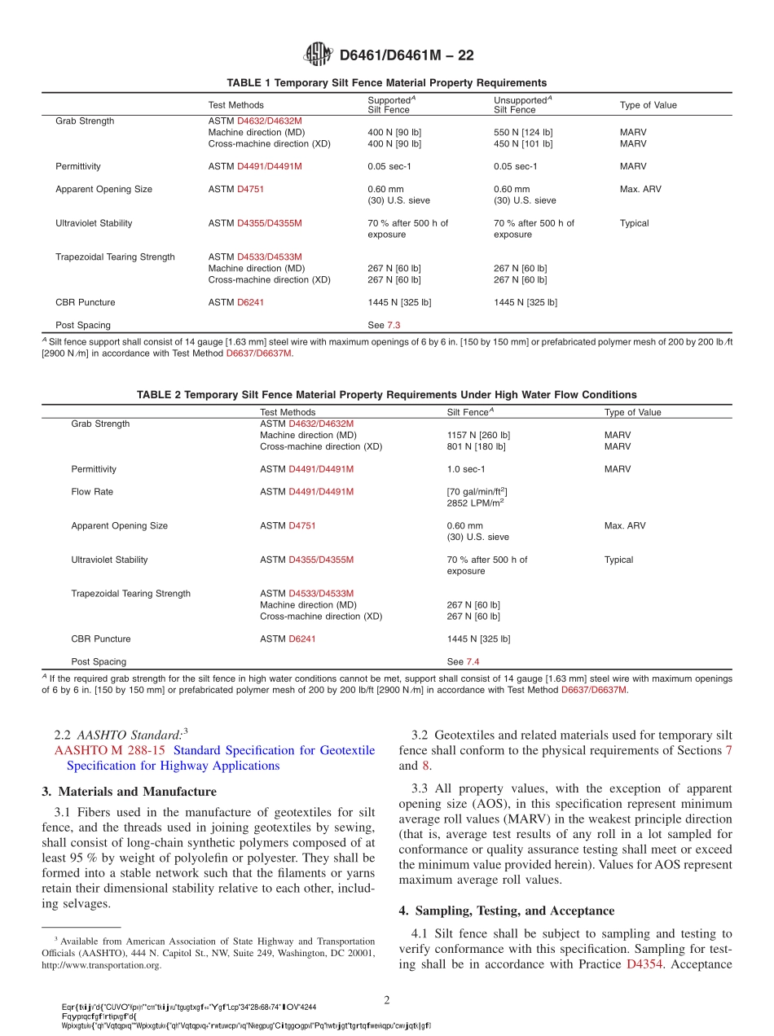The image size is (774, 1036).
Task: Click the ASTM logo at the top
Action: pos(318,55)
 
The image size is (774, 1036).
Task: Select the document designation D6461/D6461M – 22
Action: pos(406,55)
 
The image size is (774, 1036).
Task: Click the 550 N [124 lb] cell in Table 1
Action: pos(523,132)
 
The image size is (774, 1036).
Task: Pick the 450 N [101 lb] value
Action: pos(523,143)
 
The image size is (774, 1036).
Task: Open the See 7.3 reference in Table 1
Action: pos(384,325)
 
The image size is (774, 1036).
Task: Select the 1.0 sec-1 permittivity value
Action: pos(465,469)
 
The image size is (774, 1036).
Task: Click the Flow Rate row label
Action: pos(92,492)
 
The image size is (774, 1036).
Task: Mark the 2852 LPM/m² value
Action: pos(475,503)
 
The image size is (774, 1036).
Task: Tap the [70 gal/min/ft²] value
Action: pos(477,492)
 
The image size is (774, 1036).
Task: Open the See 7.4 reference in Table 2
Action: pos(463,662)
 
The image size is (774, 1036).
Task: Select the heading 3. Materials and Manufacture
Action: pos(129,792)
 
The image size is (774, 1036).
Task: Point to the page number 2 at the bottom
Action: pos(387,999)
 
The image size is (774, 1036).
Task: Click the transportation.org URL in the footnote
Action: pos(101,965)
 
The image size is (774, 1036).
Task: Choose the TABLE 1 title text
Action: pos(387,83)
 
